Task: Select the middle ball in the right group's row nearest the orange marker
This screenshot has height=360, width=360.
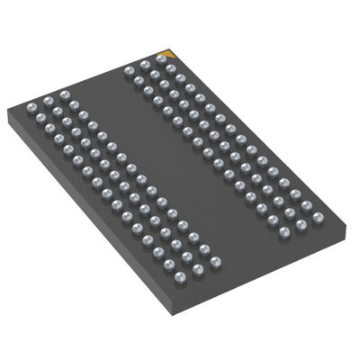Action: tap(145, 64)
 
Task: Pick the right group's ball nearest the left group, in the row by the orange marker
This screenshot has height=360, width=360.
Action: tap(130, 69)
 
